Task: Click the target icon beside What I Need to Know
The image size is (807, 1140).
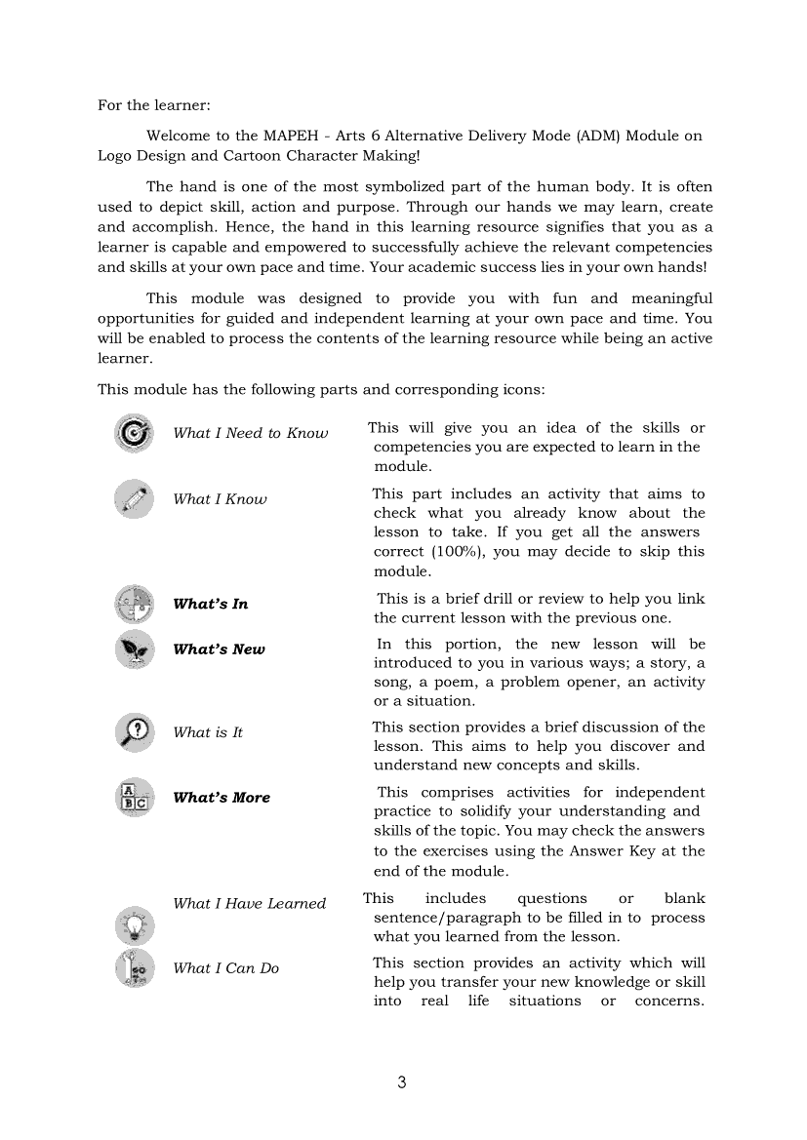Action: click(134, 433)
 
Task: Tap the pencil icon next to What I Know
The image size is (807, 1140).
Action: click(134, 499)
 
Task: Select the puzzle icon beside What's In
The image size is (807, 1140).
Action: click(134, 605)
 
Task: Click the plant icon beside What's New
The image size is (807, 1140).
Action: click(134, 649)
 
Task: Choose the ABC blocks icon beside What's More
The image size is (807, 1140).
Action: click(134, 798)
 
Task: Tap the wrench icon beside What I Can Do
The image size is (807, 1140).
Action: click(134, 968)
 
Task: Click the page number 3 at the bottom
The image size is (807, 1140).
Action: click(402, 1082)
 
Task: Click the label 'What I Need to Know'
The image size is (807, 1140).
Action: click(250, 433)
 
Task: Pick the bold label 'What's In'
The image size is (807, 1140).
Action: click(210, 605)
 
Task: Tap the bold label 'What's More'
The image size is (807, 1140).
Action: click(222, 798)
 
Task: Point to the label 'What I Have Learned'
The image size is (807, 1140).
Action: click(249, 904)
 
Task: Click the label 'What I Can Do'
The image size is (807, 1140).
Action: click(225, 968)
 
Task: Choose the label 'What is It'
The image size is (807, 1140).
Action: click(207, 732)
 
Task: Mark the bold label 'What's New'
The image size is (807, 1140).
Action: click(219, 649)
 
